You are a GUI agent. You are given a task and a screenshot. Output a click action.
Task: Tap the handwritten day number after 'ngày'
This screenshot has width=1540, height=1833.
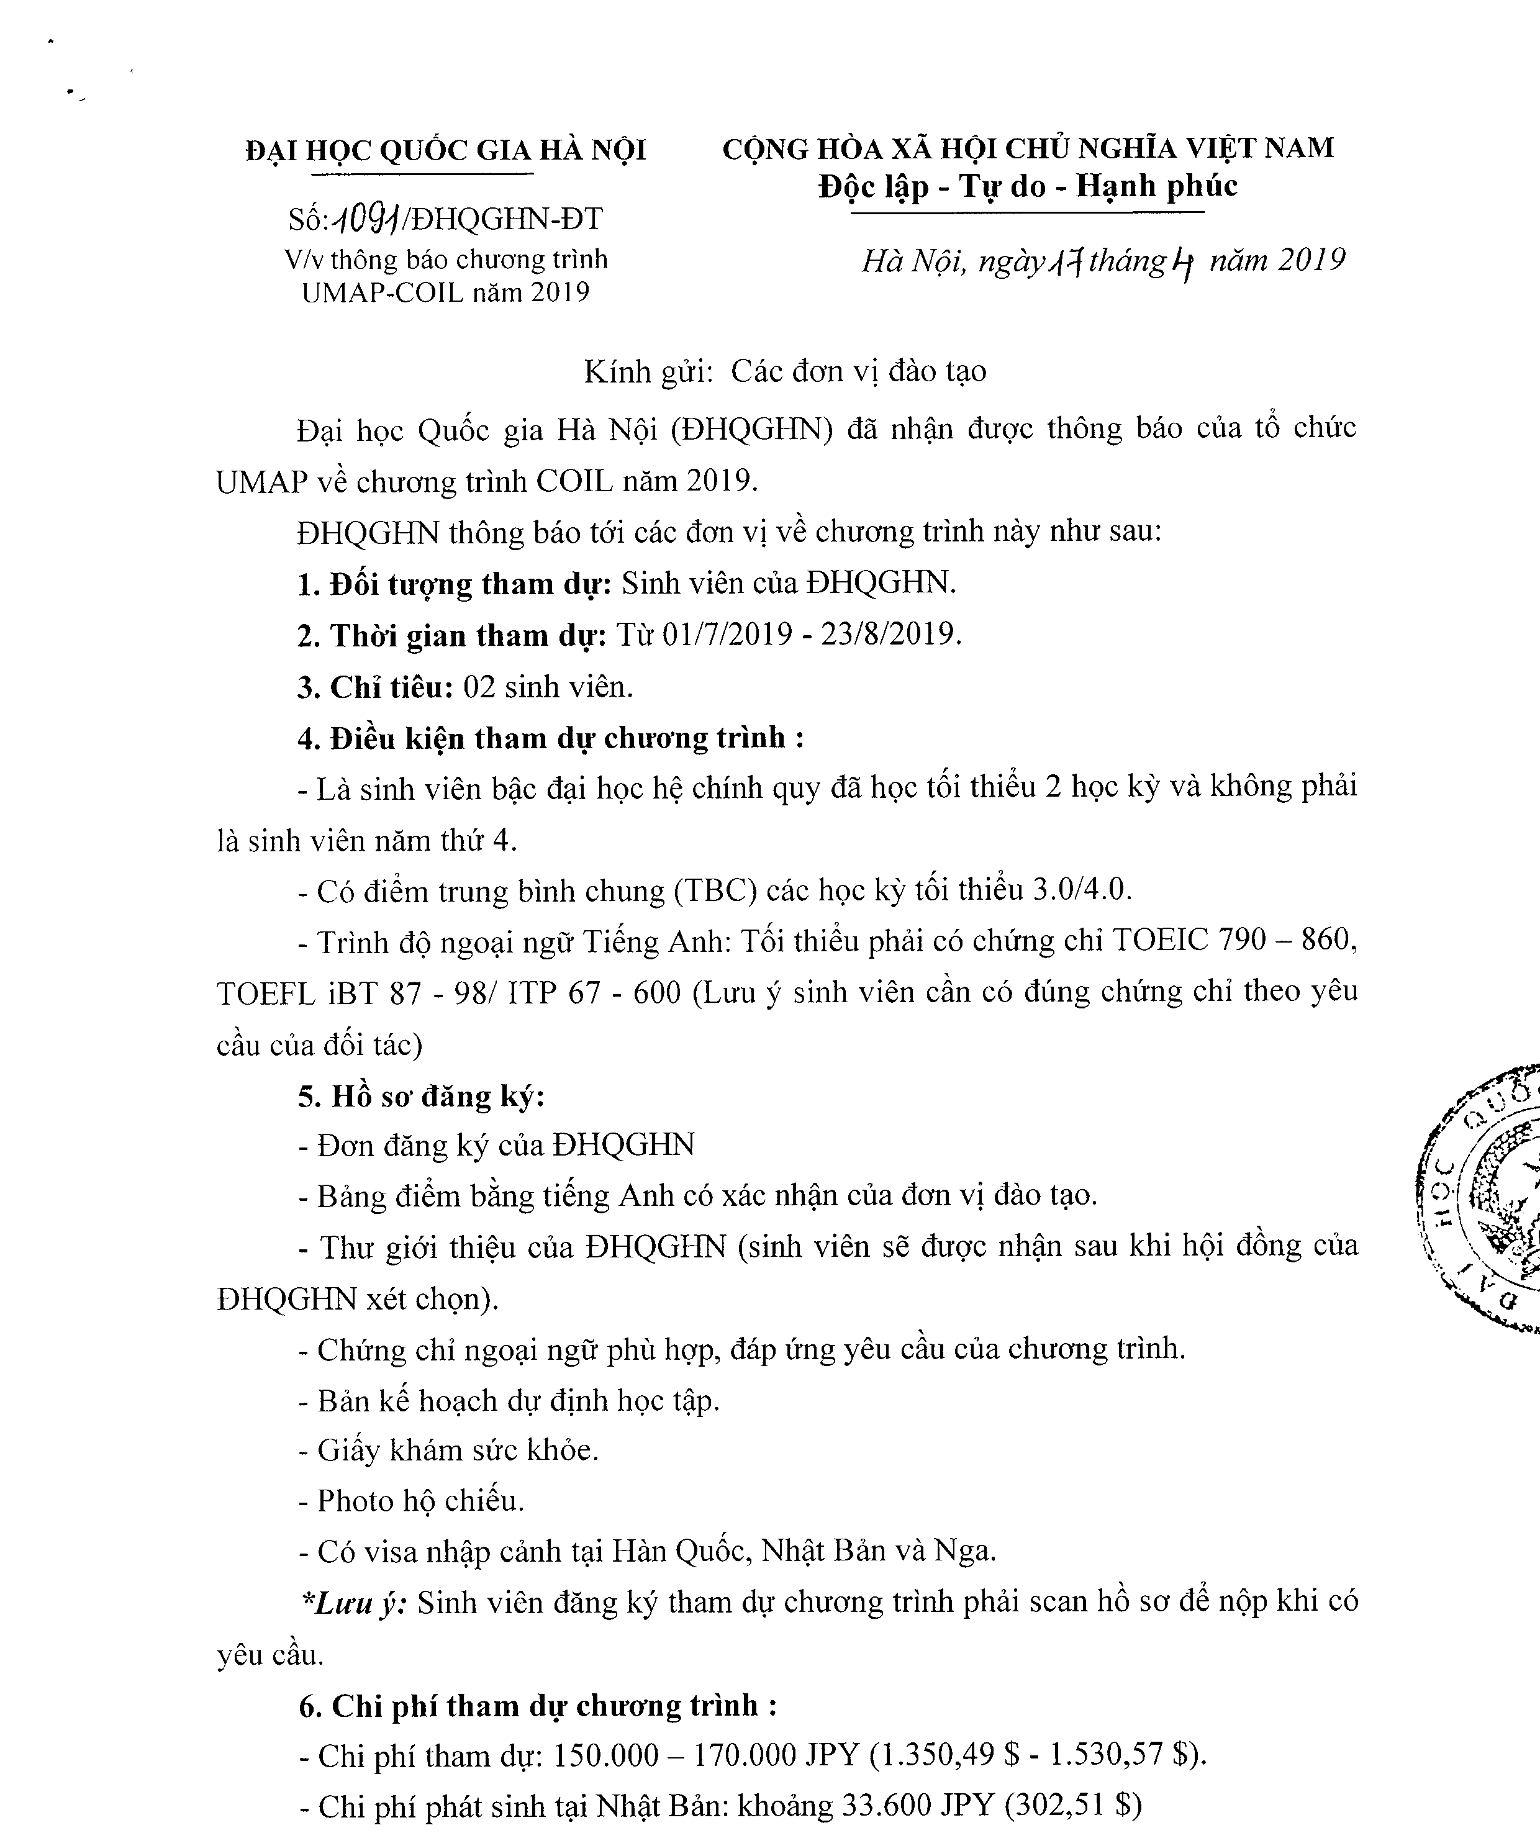tap(1066, 261)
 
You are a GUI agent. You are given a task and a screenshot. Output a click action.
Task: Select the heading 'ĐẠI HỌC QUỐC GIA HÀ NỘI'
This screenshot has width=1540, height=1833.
tap(446, 150)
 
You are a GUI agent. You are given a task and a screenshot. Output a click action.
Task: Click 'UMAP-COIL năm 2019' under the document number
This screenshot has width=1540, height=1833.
tap(446, 292)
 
